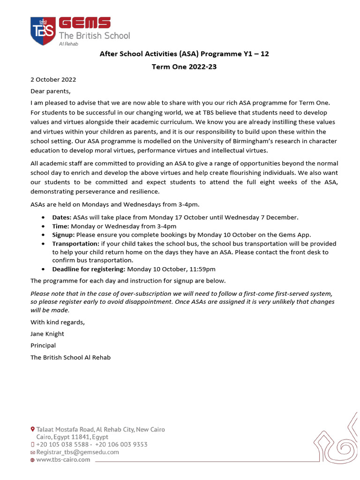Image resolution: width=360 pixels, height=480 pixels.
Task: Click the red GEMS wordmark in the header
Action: pos(84,23)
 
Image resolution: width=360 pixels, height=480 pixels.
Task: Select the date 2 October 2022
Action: pos(53,80)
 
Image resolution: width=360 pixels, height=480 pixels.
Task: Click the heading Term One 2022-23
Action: pos(184,67)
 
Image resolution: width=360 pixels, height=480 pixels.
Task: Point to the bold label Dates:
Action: pos(61,217)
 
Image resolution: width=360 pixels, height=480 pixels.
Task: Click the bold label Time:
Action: pos(60,226)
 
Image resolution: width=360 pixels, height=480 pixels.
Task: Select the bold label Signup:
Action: pos(63,235)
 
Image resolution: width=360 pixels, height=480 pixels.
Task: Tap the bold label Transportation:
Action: pos(75,244)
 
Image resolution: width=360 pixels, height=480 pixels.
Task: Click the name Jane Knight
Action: pos(47,334)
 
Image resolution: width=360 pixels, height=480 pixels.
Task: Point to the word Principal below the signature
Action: pos(43,345)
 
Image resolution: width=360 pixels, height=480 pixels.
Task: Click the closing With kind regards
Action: pos(58,322)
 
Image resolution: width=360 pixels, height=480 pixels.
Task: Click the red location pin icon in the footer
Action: pos(32,429)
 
